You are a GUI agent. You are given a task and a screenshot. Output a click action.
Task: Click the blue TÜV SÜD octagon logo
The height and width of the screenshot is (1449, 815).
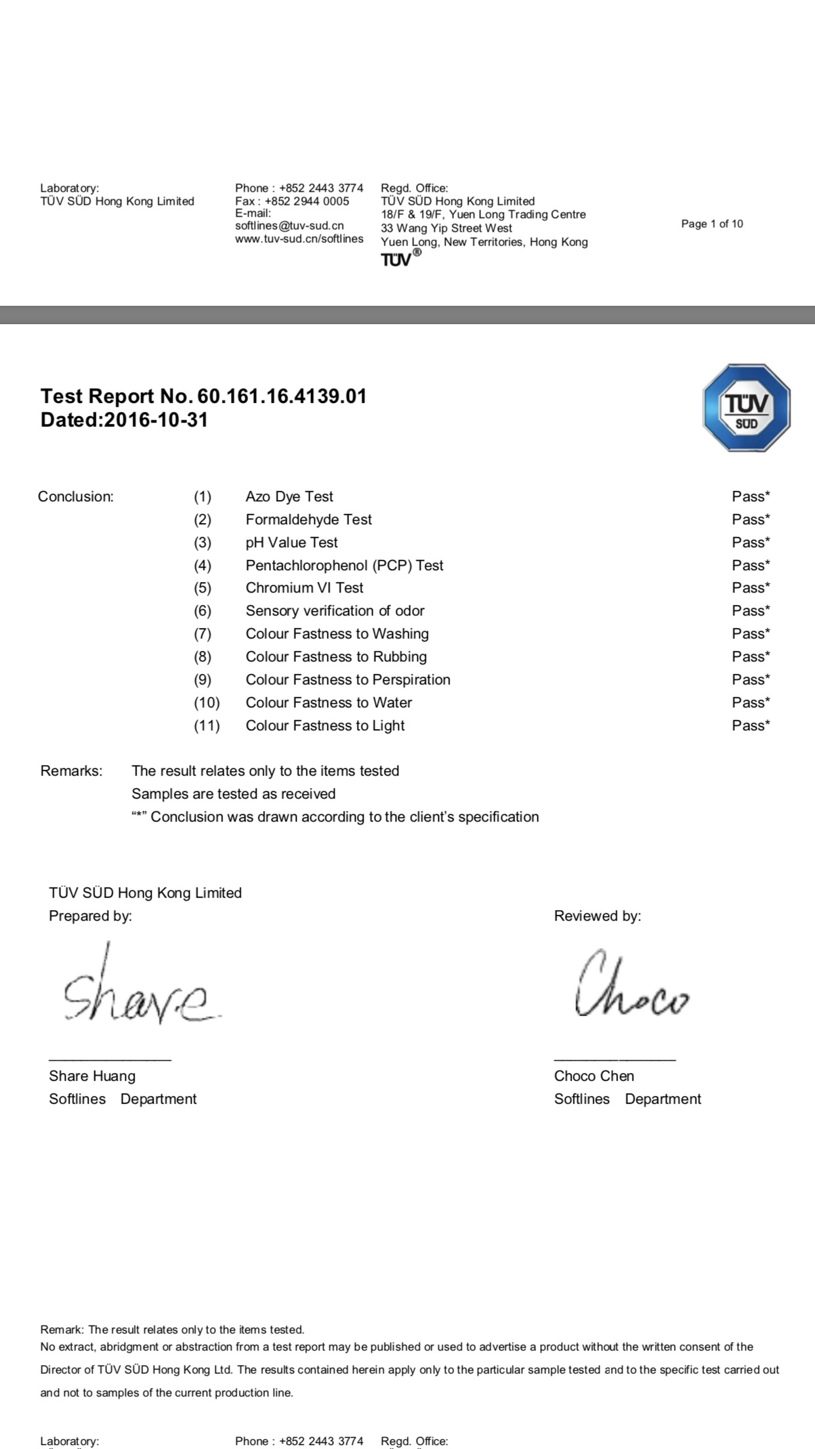coord(746,408)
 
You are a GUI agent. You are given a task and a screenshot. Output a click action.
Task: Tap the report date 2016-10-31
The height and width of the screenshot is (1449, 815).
coord(156,420)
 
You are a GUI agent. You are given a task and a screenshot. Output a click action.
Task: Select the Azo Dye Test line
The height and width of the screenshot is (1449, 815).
coord(289,497)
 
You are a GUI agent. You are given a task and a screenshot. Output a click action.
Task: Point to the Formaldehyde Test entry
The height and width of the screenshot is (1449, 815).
coord(308,520)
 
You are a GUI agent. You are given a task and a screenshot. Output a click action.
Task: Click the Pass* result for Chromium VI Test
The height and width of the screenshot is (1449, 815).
coord(751,588)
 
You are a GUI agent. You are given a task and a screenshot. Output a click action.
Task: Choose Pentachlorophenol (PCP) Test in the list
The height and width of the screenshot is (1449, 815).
coord(345,566)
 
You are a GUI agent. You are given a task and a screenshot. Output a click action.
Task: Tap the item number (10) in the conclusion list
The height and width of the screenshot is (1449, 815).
coord(207,703)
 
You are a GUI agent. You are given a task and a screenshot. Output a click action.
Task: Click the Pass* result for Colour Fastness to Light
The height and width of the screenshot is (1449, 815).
coord(751,726)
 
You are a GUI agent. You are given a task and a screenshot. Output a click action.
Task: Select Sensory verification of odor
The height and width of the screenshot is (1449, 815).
coord(335,611)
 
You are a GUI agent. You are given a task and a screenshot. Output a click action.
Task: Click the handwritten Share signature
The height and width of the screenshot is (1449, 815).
coord(141,991)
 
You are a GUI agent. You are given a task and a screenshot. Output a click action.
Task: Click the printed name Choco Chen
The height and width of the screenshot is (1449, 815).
coord(594,1076)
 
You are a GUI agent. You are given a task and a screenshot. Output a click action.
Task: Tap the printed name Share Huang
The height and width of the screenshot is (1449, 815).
coord(92,1076)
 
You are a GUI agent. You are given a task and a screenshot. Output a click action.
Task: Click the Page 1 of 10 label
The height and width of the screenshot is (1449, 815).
coord(712,224)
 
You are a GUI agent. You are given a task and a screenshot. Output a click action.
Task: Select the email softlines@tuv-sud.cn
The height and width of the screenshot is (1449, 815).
coord(289,226)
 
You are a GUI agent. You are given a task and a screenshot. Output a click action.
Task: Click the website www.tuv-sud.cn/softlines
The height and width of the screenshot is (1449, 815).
coord(299,239)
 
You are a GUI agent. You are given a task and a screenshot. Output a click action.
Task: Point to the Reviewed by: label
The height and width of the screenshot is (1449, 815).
coord(597,916)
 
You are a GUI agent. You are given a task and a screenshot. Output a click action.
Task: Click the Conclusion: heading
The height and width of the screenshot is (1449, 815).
coord(75,497)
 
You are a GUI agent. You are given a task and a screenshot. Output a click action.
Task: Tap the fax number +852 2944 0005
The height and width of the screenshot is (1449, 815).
coord(306,201)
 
